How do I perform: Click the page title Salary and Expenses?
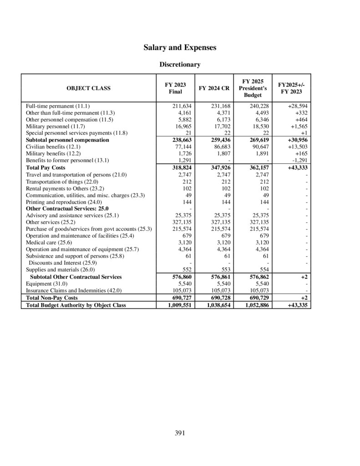180,47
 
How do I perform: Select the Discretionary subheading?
180,65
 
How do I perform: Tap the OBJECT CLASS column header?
88,88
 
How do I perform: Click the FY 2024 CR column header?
214,88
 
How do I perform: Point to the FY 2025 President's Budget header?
253,88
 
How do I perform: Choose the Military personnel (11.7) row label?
56,126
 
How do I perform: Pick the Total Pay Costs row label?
46,167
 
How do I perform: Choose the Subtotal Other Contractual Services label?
76,277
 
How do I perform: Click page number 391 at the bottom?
180,433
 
